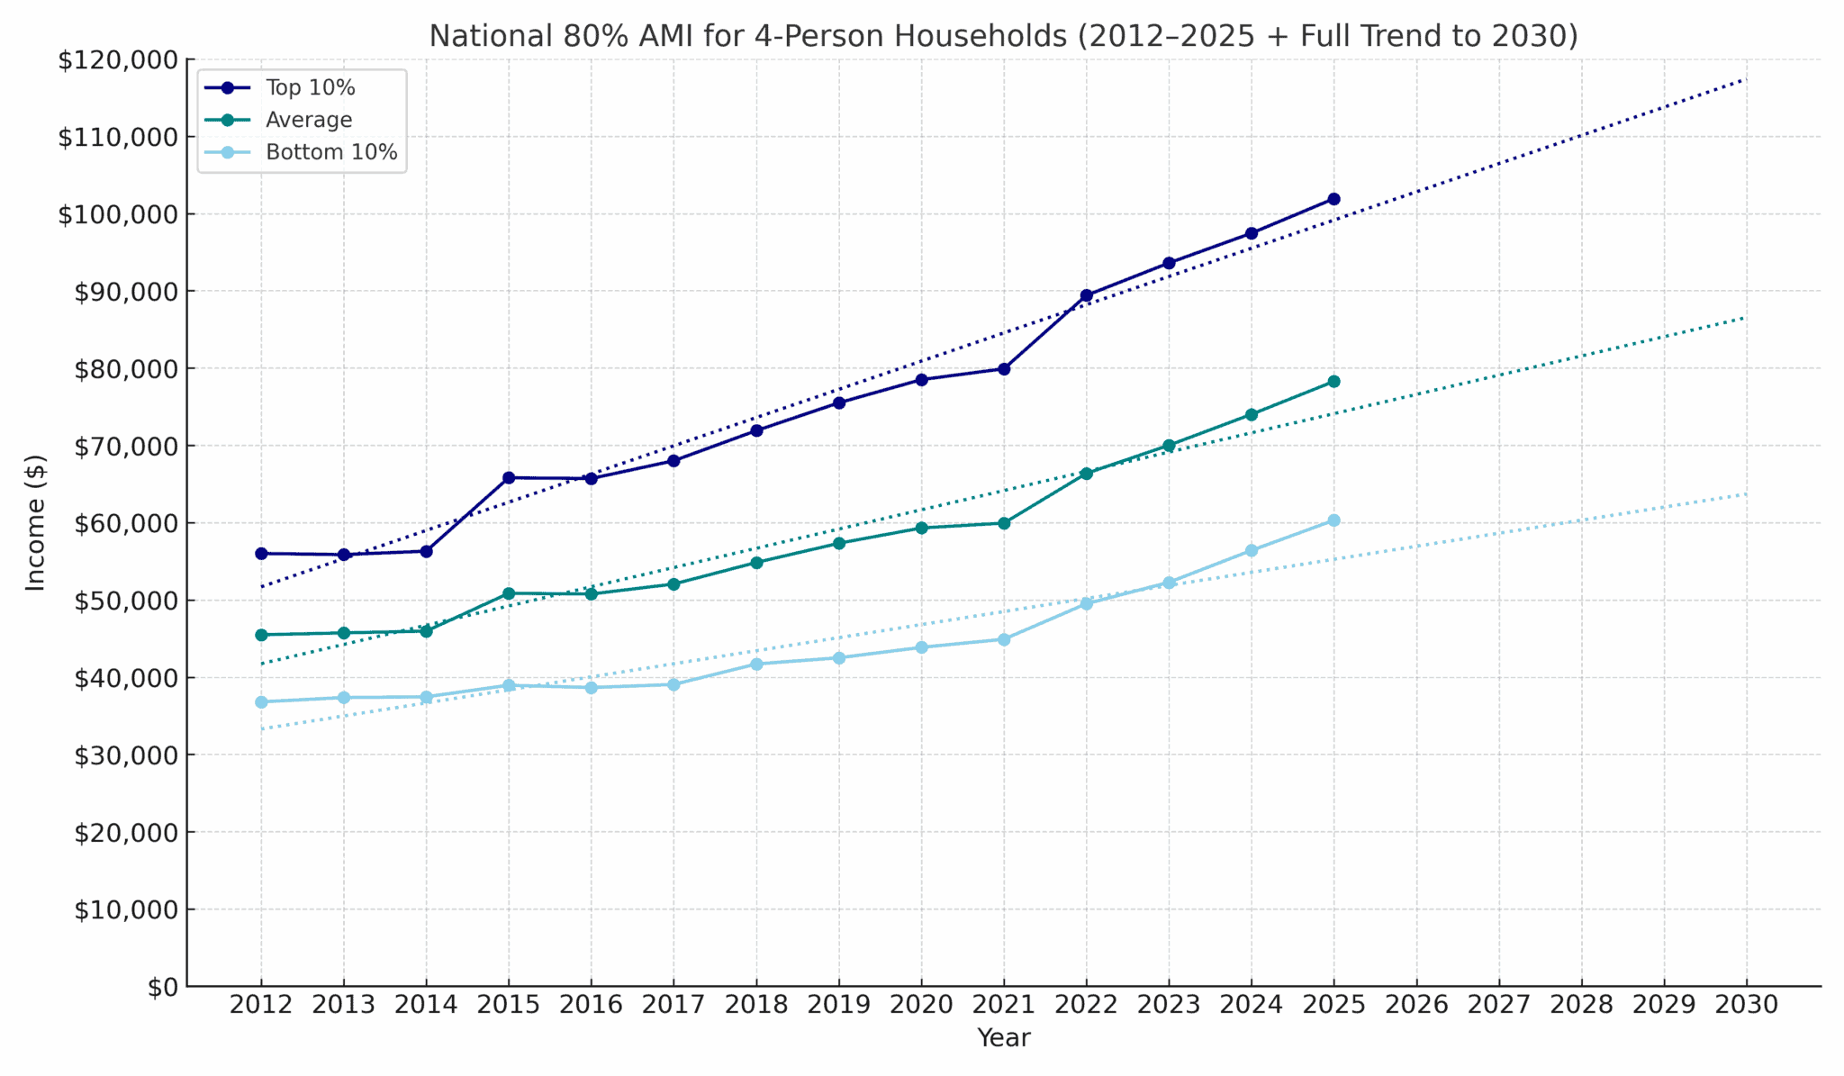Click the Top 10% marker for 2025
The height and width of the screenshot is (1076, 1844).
pyautogui.click(x=1333, y=199)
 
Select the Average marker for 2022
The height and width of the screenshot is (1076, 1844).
pyautogui.click(x=1086, y=474)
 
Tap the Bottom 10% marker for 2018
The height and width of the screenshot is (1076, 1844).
pyautogui.click(x=756, y=665)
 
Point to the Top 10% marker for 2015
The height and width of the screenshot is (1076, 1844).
pyautogui.click(x=509, y=478)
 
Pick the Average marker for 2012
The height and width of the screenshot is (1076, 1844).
pyautogui.click(x=261, y=635)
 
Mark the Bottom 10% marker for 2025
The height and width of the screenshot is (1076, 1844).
pyautogui.click(x=1333, y=520)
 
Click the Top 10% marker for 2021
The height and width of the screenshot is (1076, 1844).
pyautogui.click(x=1004, y=369)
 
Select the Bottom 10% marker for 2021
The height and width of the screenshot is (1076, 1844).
pyautogui.click(x=1004, y=639)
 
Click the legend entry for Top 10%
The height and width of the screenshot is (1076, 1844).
pyautogui.click(x=310, y=87)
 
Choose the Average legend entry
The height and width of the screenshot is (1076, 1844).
pyautogui.click(x=308, y=120)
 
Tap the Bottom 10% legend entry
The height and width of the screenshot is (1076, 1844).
pyautogui.click(x=330, y=152)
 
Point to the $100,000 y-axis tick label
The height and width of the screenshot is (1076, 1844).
pyautogui.click(x=118, y=214)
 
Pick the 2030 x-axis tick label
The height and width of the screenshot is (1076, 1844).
pyautogui.click(x=1746, y=1005)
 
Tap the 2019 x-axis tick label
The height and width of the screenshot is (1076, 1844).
pyautogui.click(x=838, y=1005)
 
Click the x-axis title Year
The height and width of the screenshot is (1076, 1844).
pyautogui.click(x=1003, y=1038)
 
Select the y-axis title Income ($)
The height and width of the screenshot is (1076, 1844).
pyautogui.click(x=35, y=522)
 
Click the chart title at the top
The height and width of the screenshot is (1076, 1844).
pyautogui.click(x=1003, y=36)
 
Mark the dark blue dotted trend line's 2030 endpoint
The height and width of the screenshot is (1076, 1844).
pyautogui.click(x=1745, y=80)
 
